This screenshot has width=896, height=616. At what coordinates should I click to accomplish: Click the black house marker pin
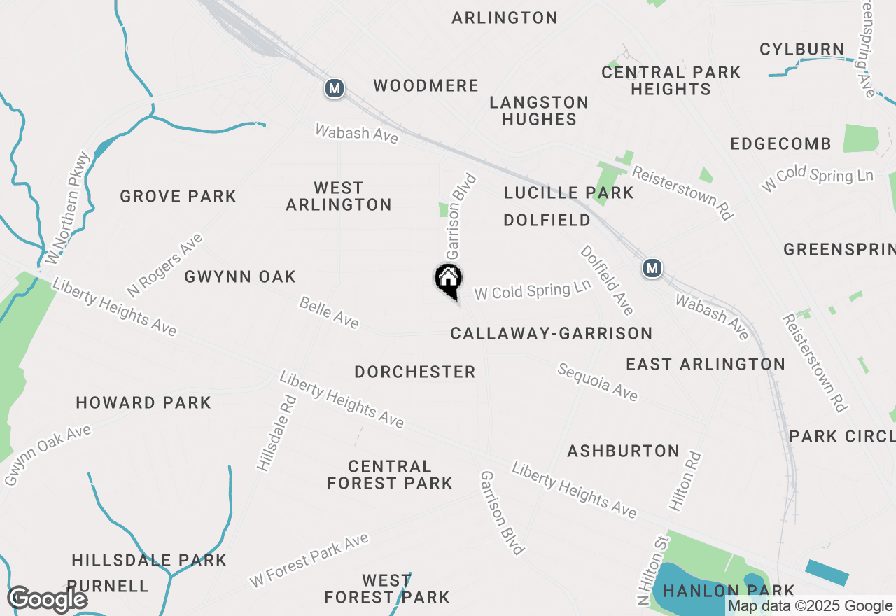(449, 281)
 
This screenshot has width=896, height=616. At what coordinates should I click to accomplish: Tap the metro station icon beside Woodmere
(335, 88)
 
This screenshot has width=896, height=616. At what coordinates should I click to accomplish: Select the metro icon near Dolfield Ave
(652, 268)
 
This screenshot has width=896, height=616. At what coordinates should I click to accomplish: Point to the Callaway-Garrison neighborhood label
(552, 334)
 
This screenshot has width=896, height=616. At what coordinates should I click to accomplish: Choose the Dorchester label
(415, 372)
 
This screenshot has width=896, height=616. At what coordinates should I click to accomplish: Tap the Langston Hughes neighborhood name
(539, 111)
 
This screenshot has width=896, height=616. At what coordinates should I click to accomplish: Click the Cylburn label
(802, 50)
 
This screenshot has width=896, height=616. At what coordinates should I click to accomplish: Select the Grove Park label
(178, 196)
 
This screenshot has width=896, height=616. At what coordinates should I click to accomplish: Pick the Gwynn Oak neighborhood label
(240, 277)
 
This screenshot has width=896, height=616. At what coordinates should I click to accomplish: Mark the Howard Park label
(143, 402)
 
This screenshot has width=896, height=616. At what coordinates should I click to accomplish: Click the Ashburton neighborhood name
(624, 451)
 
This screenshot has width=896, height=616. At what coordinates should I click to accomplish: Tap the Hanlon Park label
(729, 591)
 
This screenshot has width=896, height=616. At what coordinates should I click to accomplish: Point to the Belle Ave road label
(329, 313)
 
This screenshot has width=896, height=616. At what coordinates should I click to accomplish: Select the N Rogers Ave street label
(164, 265)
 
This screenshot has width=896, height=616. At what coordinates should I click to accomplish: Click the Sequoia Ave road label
(597, 382)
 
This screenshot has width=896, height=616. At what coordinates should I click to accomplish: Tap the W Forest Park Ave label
(309, 561)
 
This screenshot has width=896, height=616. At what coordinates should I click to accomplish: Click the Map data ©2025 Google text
(811, 606)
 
